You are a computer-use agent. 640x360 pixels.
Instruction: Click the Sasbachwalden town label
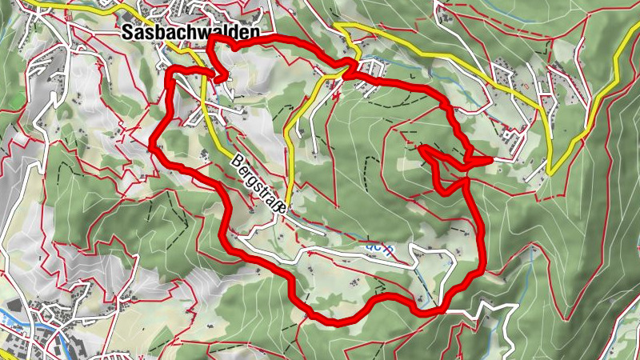pyautogui.click(x=191, y=32)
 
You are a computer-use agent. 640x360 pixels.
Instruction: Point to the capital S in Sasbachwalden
pyautogui.click(x=129, y=32)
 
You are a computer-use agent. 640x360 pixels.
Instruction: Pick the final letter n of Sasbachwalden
pyautogui.click(x=255, y=32)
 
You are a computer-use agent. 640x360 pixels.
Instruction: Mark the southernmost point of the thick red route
pyautogui.click(x=336, y=322)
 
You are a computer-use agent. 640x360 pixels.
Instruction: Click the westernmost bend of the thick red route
pyautogui.click(x=152, y=145)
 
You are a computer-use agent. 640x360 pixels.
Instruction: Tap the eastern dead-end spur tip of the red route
pyautogui.click(x=488, y=160)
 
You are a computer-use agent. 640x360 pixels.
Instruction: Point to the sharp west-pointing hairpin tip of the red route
pyautogui.click(x=422, y=148)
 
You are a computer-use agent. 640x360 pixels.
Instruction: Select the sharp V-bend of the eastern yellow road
pyautogui.click(x=550, y=173)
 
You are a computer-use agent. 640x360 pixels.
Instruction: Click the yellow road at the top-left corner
pyautogui.click(x=40, y=6)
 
